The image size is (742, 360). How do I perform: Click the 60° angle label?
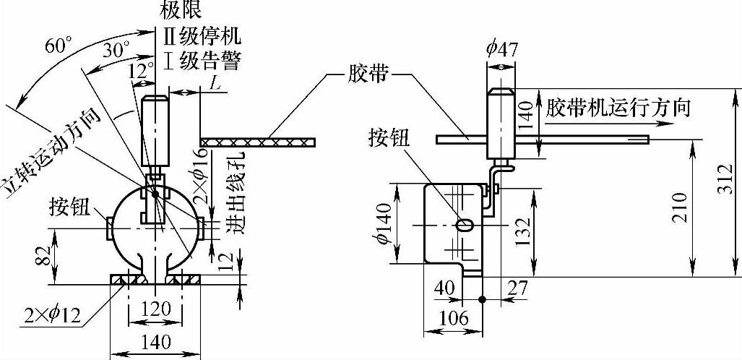coord(59,46)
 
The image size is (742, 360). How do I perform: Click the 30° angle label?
coord(116,51)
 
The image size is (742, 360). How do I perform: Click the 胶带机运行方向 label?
coord(618,108)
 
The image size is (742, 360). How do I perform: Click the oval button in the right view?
coord(466,225)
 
